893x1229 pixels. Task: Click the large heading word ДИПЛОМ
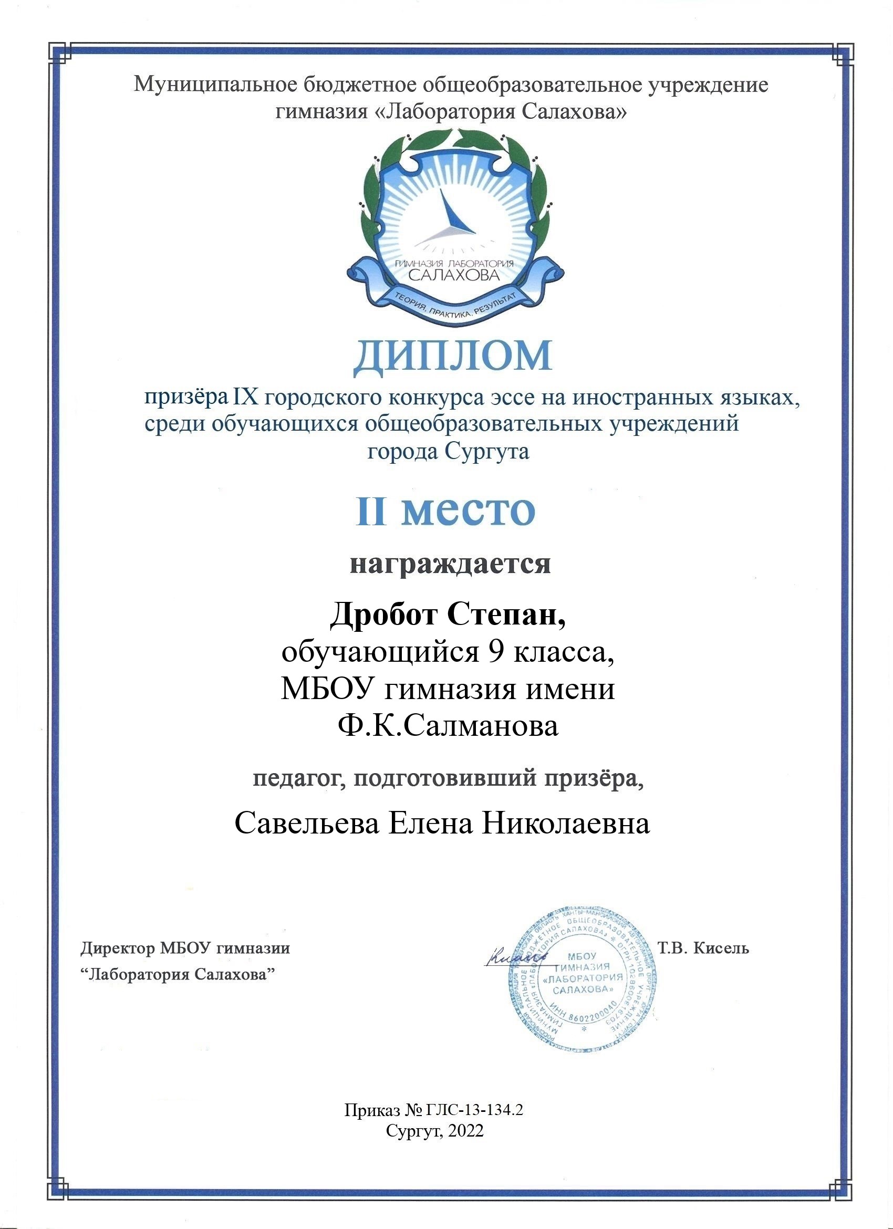[x=452, y=357]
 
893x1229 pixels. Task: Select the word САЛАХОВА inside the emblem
[x=453, y=275]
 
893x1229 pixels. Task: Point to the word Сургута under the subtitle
[x=486, y=451]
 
